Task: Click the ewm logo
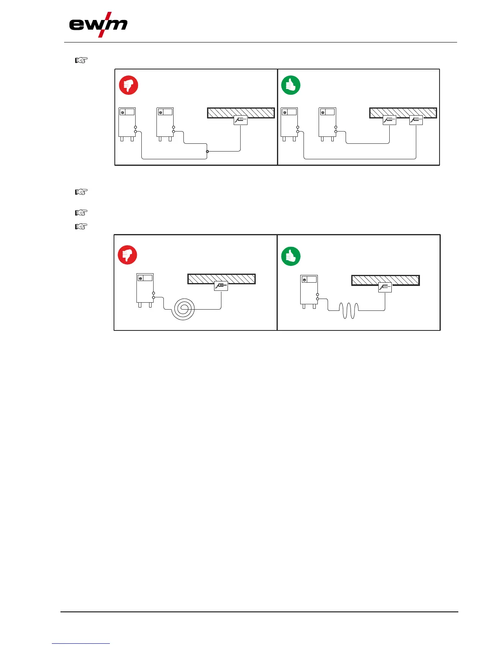pyautogui.click(x=98, y=25)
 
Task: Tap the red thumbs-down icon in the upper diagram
pyautogui.click(x=128, y=85)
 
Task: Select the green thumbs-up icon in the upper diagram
pyautogui.click(x=291, y=85)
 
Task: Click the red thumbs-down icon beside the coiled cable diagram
pyautogui.click(x=127, y=255)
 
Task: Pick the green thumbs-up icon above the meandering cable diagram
pyautogui.click(x=291, y=257)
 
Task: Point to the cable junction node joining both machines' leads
pyautogui.click(x=207, y=152)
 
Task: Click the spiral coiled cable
pyautogui.click(x=183, y=309)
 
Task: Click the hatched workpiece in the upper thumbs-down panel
pyautogui.click(x=241, y=112)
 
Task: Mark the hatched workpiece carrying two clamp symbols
pyautogui.click(x=403, y=112)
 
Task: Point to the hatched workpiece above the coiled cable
pyautogui.click(x=221, y=279)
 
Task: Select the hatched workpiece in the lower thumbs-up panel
pyautogui.click(x=386, y=280)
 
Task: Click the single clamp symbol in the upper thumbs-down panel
pyautogui.click(x=241, y=120)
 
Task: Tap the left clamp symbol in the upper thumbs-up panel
pyautogui.click(x=389, y=120)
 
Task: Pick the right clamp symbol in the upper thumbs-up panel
pyautogui.click(x=416, y=120)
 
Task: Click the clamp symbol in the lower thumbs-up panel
pyautogui.click(x=385, y=288)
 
